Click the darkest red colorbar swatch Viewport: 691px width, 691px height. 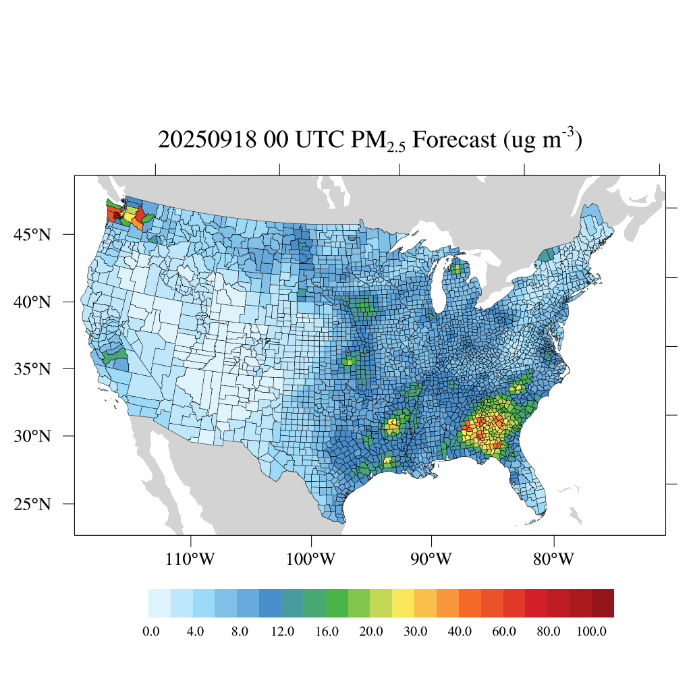click(x=603, y=603)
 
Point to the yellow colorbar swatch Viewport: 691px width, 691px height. click(x=404, y=603)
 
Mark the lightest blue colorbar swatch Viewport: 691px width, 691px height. click(x=159, y=603)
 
